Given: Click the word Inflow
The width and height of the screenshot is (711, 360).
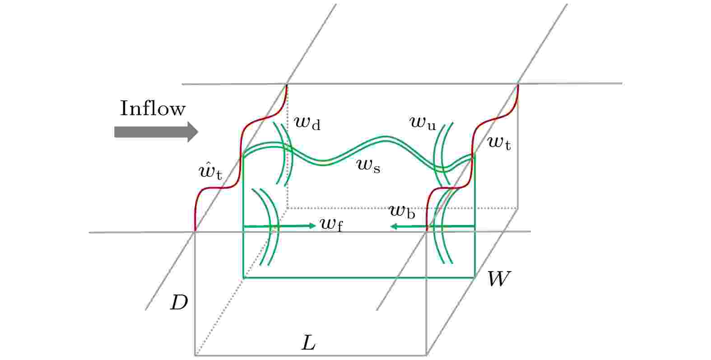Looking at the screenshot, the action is click(x=153, y=108).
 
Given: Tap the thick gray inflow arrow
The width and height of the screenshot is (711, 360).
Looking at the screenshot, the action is click(x=156, y=132).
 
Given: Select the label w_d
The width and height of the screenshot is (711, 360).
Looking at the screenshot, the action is click(x=307, y=123).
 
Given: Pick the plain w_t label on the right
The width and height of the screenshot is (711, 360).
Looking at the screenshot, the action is click(x=499, y=143).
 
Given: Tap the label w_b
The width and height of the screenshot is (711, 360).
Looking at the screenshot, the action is click(x=402, y=211).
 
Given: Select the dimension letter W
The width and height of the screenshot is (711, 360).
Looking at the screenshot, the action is click(x=499, y=279).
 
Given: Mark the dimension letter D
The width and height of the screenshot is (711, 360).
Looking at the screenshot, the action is click(x=179, y=303).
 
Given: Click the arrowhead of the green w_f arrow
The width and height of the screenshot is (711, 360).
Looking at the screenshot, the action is click(x=313, y=226).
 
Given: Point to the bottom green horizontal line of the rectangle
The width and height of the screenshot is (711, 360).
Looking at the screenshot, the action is click(x=359, y=278).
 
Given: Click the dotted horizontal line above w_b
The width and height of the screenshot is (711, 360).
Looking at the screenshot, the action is click(x=403, y=208).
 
